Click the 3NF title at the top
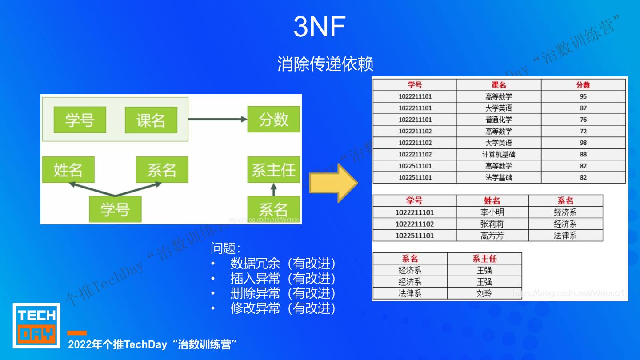point(319,27)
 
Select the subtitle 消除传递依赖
point(325,64)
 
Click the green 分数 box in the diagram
point(273,119)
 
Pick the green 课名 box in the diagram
point(151,120)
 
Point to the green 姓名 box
point(68,170)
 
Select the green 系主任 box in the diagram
point(273,170)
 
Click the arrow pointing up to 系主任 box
point(273,190)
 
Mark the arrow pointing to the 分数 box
point(217,119)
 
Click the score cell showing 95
point(583,96)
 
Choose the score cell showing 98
point(583,143)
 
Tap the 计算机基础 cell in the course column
point(499,154)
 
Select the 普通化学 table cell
point(499,120)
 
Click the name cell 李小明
point(492,212)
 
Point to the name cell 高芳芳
point(492,236)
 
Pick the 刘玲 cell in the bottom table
point(484,293)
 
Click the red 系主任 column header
point(484,259)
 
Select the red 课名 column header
point(499,85)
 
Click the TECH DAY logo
point(36,325)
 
